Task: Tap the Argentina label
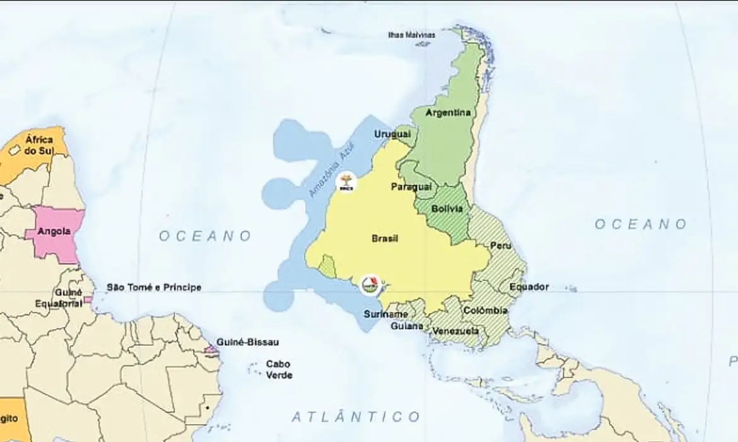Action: point(448,113)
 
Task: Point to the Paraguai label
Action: point(411,187)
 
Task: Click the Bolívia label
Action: point(447,208)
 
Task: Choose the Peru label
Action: point(501,245)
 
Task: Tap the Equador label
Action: point(529,287)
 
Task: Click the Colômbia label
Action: point(485,310)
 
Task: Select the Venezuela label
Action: point(455,331)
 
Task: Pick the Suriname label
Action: point(385,314)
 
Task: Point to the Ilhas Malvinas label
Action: point(411,35)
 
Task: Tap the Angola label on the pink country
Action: point(54,231)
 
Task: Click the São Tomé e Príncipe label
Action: point(154,287)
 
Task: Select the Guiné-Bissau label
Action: point(247,342)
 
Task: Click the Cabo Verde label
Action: point(278,369)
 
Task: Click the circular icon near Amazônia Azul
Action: point(346,182)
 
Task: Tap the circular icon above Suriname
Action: point(370,285)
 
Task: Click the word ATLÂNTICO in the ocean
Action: point(356,417)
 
